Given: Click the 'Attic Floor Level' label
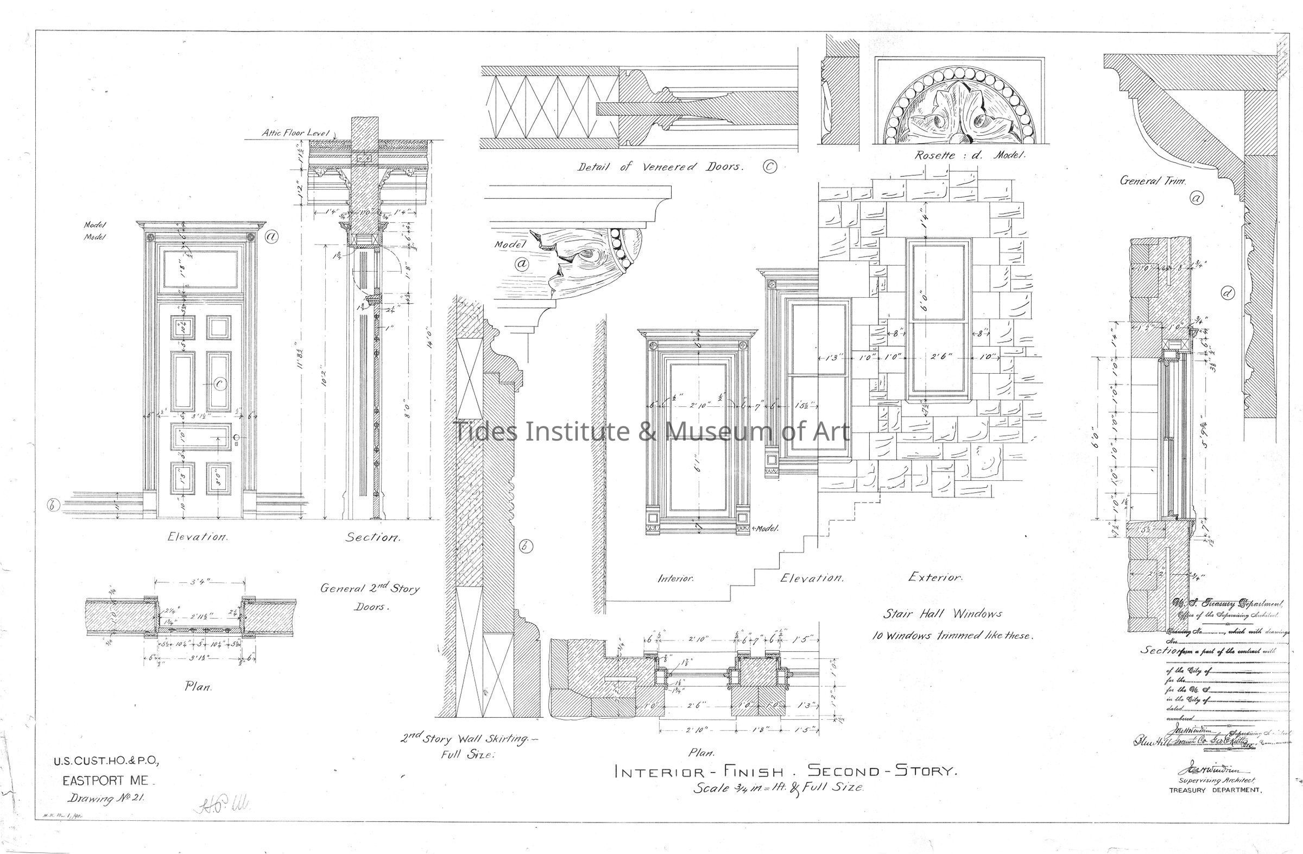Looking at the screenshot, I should (x=295, y=133).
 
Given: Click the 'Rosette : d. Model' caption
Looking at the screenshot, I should (x=970, y=155).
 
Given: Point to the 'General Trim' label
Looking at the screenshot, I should (x=1153, y=180).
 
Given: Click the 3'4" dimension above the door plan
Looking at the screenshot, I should (x=199, y=582).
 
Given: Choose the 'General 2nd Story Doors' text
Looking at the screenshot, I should (x=370, y=597).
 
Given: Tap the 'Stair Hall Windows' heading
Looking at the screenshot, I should (x=942, y=614).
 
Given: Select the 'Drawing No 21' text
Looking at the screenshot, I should (x=105, y=798).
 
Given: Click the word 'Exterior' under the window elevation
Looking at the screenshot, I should (x=934, y=577).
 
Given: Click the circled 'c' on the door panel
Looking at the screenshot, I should (x=220, y=384).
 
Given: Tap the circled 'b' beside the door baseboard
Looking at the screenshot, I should (x=53, y=506).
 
